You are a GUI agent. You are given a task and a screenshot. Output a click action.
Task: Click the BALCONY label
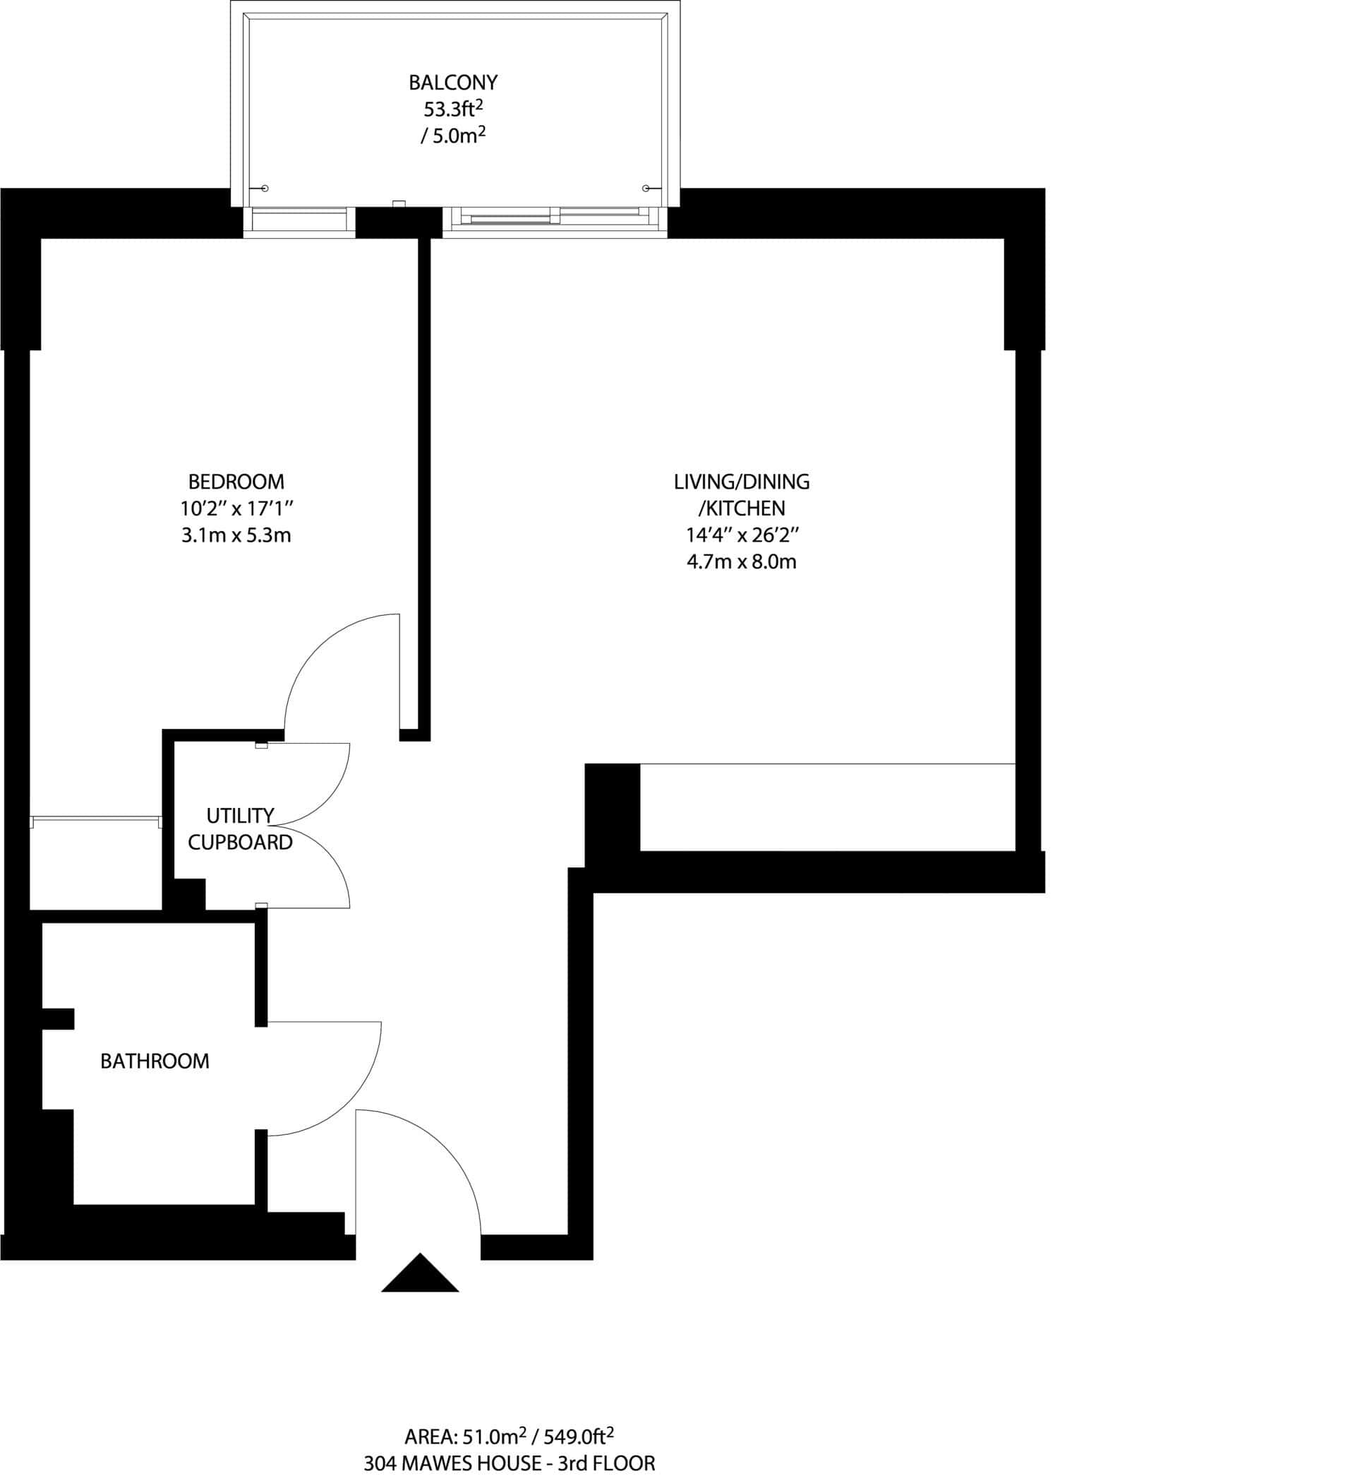453,81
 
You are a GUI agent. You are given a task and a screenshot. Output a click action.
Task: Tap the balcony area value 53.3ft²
453,109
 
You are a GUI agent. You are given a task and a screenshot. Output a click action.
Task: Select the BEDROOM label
236,482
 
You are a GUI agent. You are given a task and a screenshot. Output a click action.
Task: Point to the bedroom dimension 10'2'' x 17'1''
236,508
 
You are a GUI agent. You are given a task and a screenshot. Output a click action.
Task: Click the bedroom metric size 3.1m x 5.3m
236,535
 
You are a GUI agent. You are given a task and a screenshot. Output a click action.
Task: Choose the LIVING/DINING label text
741,482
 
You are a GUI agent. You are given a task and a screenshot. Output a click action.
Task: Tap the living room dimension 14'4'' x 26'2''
741,535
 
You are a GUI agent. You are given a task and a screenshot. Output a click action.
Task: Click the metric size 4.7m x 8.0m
741,563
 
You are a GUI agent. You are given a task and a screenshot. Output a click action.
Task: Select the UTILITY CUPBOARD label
240,829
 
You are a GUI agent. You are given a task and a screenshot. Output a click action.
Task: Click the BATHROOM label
155,1061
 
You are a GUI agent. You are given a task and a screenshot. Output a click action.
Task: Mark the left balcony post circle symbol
265,189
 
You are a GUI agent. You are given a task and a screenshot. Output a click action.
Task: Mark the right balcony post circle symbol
645,189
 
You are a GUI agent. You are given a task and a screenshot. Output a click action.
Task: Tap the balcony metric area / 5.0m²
453,136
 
